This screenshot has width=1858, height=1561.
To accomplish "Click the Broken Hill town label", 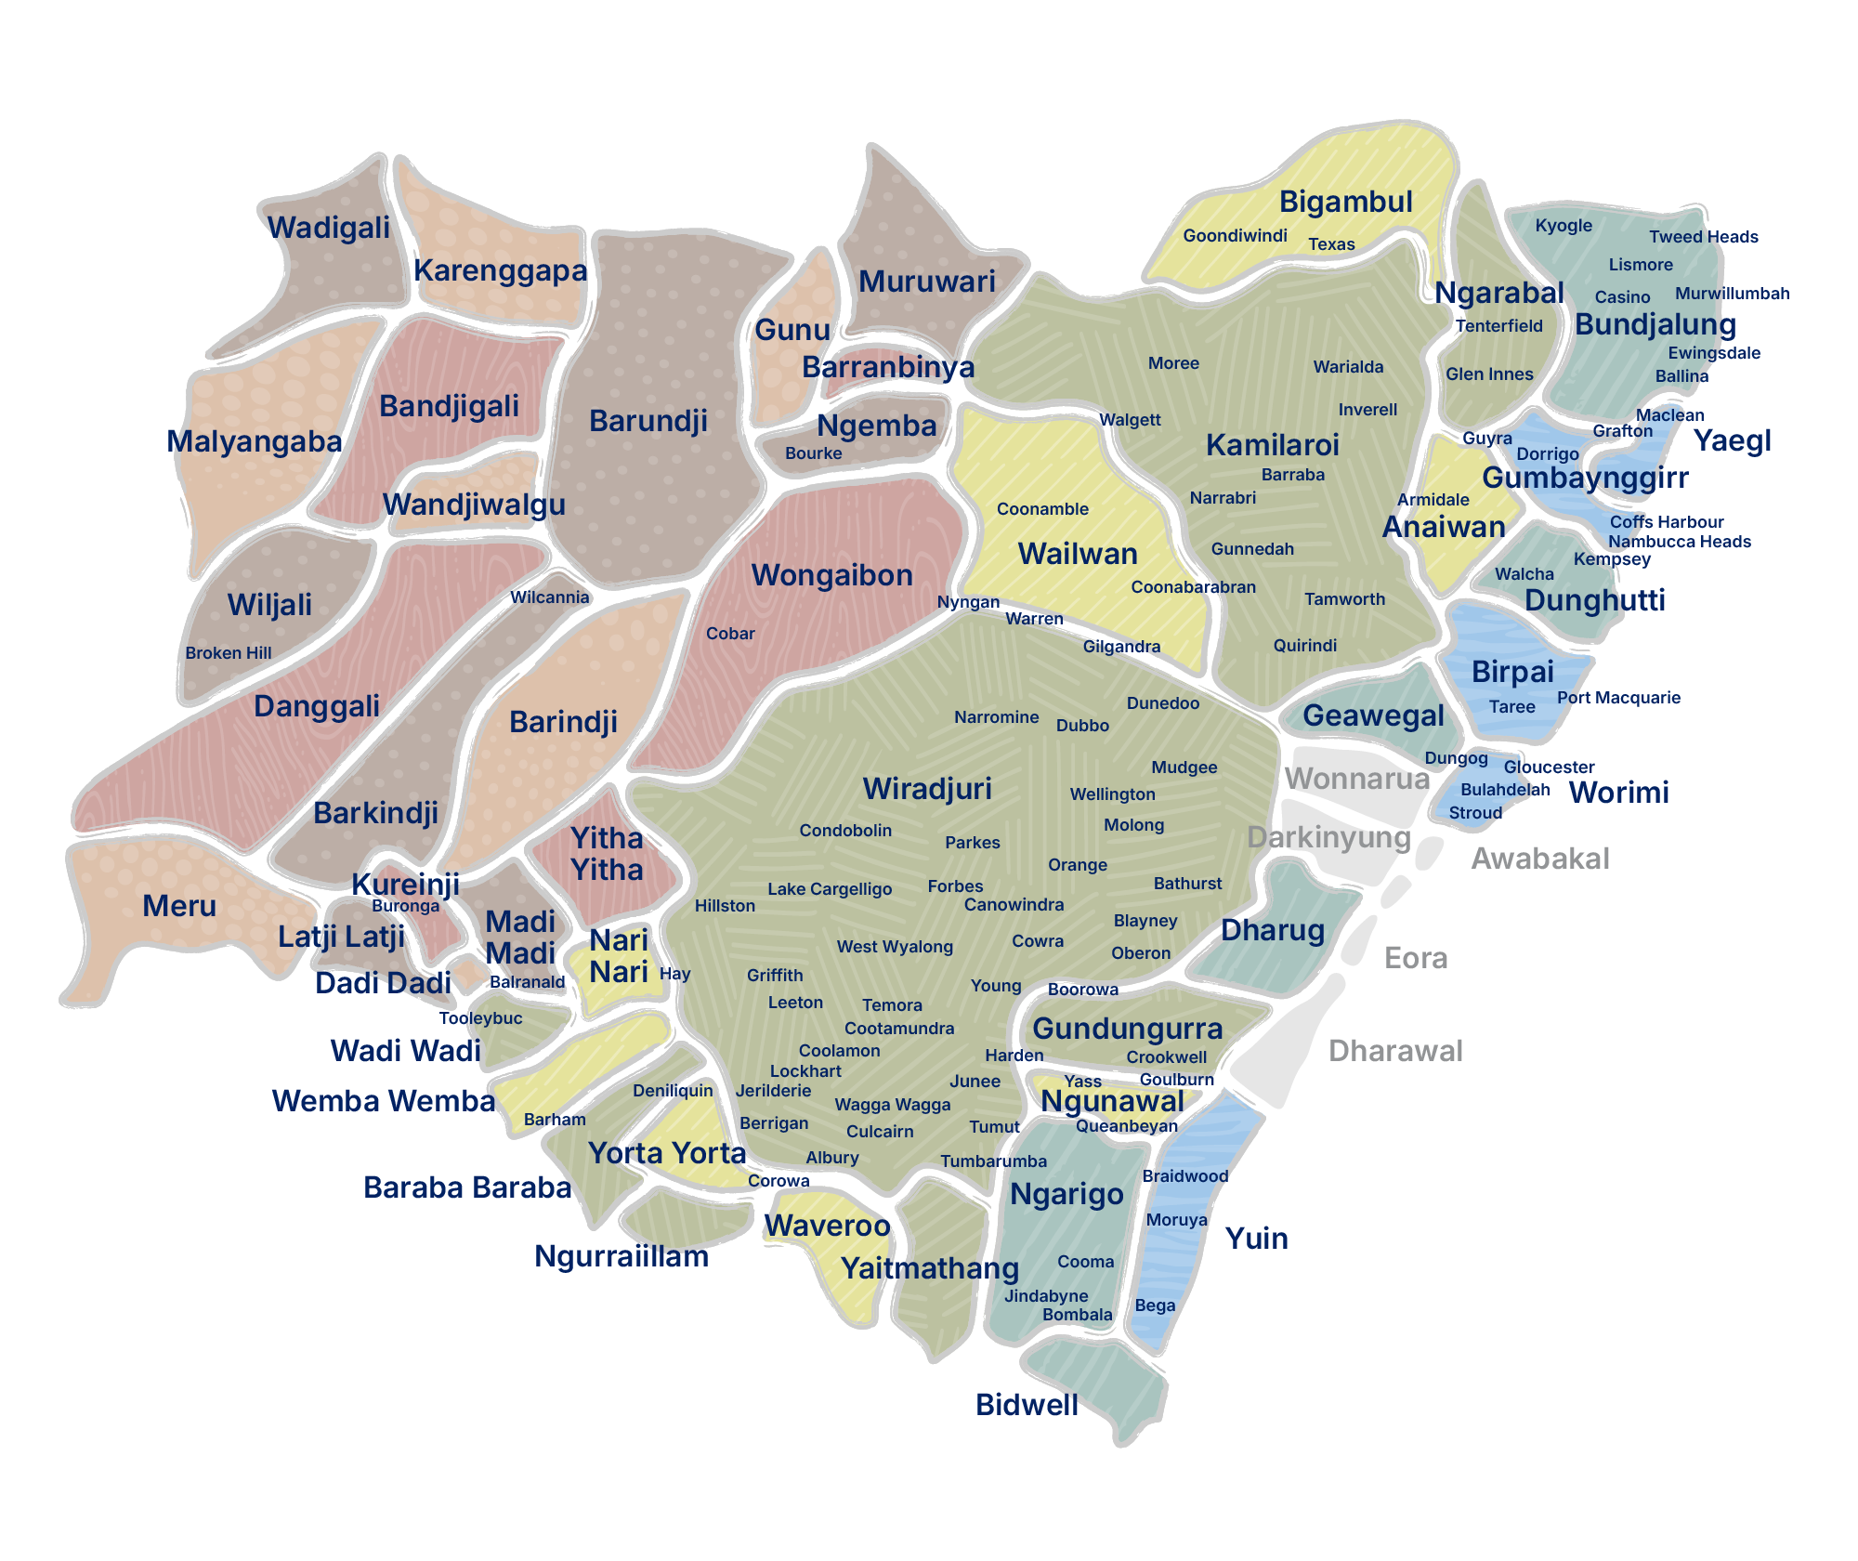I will (x=228, y=653).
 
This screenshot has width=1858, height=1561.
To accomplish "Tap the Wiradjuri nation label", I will (x=927, y=789).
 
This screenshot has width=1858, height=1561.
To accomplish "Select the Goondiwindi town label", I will (x=1235, y=236).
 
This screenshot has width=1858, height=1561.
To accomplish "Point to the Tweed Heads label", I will (x=1703, y=237).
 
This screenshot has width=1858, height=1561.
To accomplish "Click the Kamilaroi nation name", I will (x=1272, y=445).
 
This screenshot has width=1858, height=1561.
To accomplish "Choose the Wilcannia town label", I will (x=549, y=597).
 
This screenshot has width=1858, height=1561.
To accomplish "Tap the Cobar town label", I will (x=730, y=634).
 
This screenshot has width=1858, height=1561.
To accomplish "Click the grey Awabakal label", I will (x=1539, y=859).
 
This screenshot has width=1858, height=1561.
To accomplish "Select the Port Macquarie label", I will (x=1618, y=698).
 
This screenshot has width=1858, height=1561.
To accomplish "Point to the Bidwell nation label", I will (x=1027, y=1405).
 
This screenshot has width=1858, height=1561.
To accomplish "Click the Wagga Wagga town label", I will (x=892, y=1105).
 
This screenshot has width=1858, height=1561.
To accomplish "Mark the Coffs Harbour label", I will (x=1666, y=522).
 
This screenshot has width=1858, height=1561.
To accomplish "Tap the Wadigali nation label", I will (x=329, y=228).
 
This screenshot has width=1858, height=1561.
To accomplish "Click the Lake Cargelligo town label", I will (x=829, y=889).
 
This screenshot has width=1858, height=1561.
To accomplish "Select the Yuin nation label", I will (x=1256, y=1239).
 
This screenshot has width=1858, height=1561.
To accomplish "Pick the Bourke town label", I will (x=813, y=453).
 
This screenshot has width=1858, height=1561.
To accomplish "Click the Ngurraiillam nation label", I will (x=621, y=1256).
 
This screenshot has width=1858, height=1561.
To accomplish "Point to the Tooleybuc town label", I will (x=480, y=1018).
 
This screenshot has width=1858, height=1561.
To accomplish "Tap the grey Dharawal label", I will (x=1394, y=1051).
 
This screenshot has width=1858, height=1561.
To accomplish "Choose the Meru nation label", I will (x=179, y=906).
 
